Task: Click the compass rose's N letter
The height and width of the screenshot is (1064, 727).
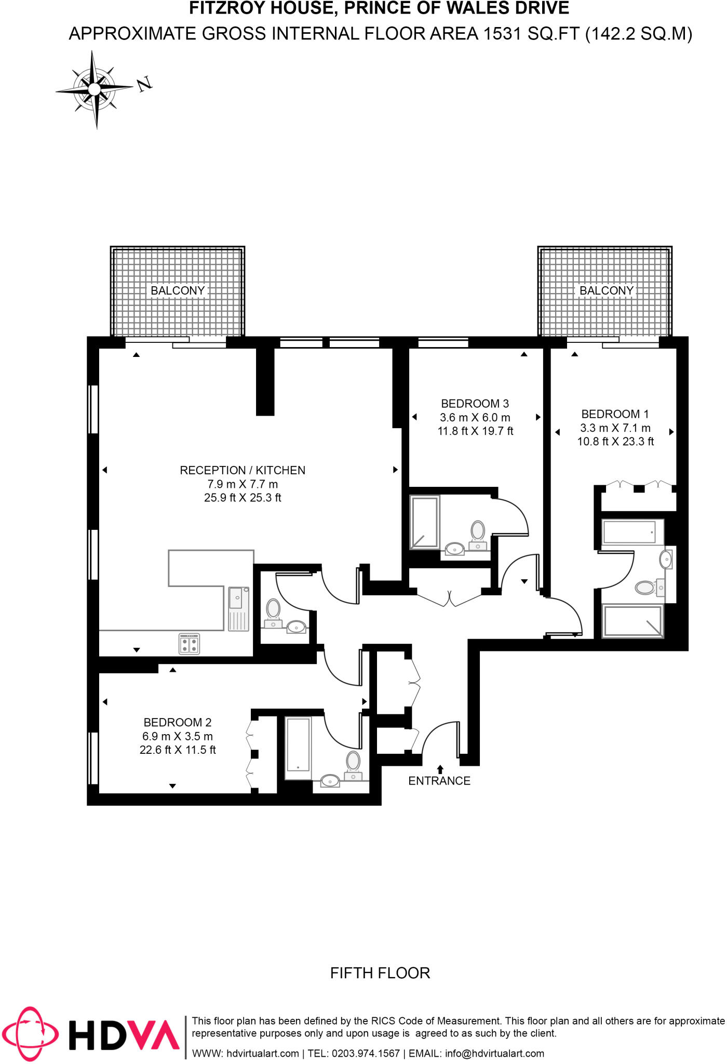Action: tap(144, 84)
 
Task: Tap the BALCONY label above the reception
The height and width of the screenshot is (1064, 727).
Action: tap(178, 290)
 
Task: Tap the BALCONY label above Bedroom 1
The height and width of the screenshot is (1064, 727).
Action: tap(606, 290)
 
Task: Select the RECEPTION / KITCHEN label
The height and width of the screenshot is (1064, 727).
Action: tap(243, 470)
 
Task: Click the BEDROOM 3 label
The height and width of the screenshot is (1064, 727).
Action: tap(475, 404)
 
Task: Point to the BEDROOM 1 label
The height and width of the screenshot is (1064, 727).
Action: tap(615, 414)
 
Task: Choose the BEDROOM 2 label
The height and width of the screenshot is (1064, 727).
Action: tap(177, 723)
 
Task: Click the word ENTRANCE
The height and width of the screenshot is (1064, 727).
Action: tap(439, 781)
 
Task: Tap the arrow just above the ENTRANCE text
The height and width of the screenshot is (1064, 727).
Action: tap(440, 769)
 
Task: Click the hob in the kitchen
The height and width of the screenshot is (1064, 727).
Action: tap(189, 644)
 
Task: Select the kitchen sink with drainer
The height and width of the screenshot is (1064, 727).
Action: tap(239, 608)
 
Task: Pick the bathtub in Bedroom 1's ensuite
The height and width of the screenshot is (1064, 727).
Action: tap(629, 532)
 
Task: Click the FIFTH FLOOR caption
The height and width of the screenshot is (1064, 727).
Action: tap(380, 973)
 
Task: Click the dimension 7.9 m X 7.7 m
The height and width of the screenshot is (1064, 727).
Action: tap(243, 484)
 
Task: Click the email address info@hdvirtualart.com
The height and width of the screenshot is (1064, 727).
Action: tap(494, 1054)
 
